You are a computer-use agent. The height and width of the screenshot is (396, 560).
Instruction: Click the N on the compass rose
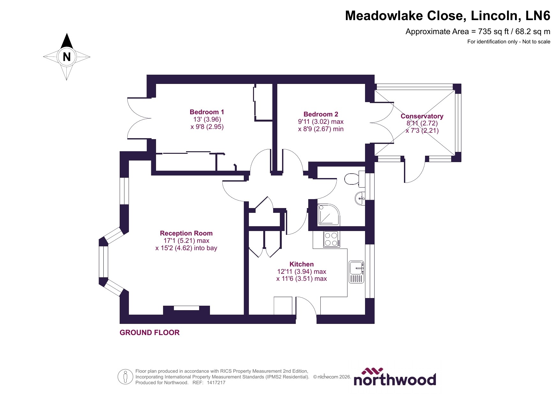[x=67, y=57]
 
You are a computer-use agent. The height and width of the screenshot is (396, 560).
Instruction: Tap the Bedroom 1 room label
[x=207, y=112]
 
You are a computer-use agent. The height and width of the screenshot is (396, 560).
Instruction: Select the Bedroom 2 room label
[x=321, y=114]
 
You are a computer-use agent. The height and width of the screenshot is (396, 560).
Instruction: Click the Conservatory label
[x=422, y=116]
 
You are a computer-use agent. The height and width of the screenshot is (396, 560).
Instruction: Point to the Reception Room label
[x=186, y=233]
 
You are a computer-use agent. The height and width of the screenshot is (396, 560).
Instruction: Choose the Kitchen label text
[x=302, y=264]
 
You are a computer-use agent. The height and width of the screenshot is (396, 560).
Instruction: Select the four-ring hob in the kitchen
[x=331, y=239]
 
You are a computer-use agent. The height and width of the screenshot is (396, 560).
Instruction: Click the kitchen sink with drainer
[x=356, y=272]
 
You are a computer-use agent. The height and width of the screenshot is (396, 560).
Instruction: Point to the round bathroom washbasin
[x=360, y=198]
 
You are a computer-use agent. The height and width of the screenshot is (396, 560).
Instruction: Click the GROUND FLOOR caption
[x=149, y=332]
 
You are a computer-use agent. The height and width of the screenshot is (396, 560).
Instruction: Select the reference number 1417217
[x=216, y=383]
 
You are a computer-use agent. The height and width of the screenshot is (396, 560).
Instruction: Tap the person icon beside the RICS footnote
[x=125, y=377]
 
